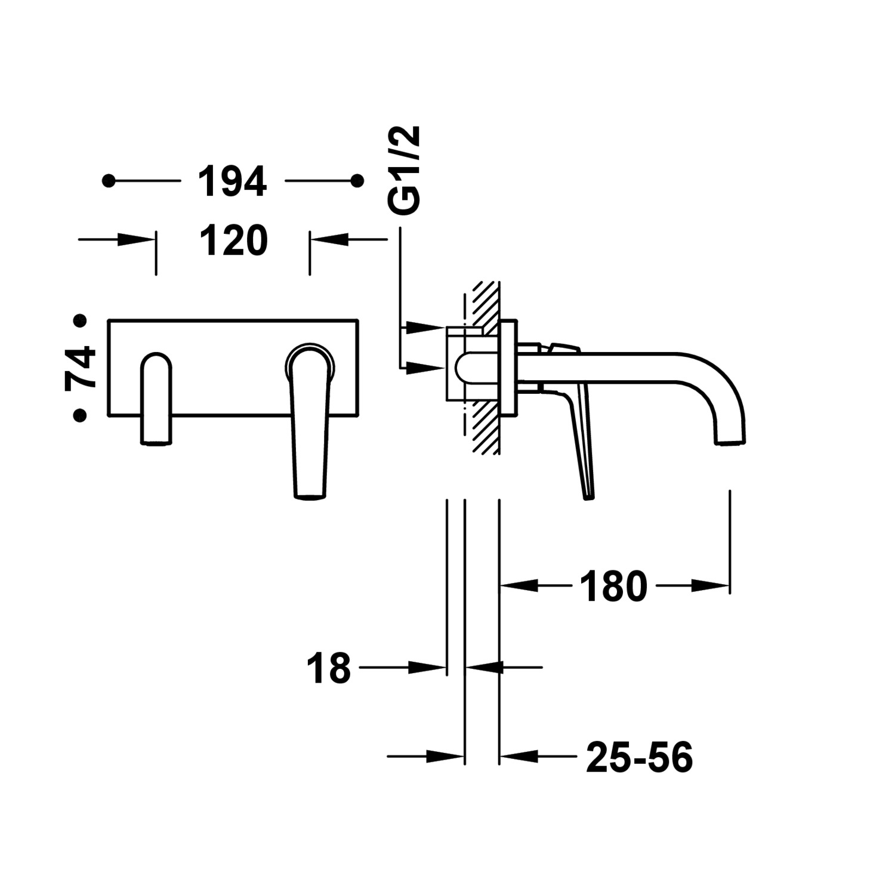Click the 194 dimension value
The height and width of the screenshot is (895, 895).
coord(232,181)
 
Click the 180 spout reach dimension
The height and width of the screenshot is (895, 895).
coord(613,586)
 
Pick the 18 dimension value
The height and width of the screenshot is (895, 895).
coord(329,668)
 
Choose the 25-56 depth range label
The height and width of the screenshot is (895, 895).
coord(639,757)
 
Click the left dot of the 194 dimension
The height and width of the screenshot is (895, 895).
coord(109,180)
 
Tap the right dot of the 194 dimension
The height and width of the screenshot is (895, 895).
coord(357,180)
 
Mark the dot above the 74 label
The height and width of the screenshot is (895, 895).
coord(80,321)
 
